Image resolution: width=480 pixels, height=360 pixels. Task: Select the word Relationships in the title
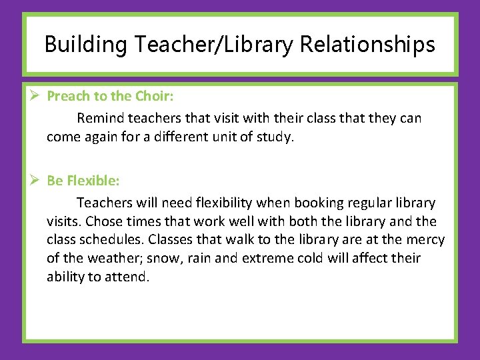[x=367, y=45]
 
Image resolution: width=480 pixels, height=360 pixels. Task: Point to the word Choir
[x=154, y=96]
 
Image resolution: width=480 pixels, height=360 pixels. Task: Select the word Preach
[x=69, y=96]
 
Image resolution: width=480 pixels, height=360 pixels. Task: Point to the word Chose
[x=99, y=221]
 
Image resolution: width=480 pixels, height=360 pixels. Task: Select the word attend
[x=127, y=277]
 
